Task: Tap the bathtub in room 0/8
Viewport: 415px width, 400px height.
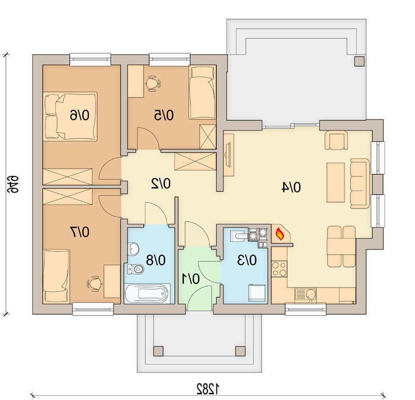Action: (147, 293)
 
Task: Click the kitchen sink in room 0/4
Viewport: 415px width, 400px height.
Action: (306, 295)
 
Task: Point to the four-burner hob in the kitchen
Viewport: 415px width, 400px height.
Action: (280, 269)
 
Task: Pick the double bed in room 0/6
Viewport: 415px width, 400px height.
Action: (70, 116)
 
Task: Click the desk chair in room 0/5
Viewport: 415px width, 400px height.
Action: (153, 84)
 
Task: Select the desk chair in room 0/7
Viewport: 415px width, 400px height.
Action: (94, 284)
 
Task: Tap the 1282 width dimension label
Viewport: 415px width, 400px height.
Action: (208, 389)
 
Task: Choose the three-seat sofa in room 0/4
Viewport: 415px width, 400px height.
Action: (360, 184)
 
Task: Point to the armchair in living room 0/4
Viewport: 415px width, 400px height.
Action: (336, 140)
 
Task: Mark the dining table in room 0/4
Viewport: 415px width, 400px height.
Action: (341, 246)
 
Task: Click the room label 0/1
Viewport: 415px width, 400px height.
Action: (191, 279)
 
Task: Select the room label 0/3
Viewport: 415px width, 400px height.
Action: (247, 260)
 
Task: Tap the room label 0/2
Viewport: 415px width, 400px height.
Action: (161, 184)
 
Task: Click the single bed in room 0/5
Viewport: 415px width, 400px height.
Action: (202, 93)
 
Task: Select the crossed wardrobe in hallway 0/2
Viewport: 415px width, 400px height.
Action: (196, 162)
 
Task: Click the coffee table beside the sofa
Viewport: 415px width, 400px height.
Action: (336, 183)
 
